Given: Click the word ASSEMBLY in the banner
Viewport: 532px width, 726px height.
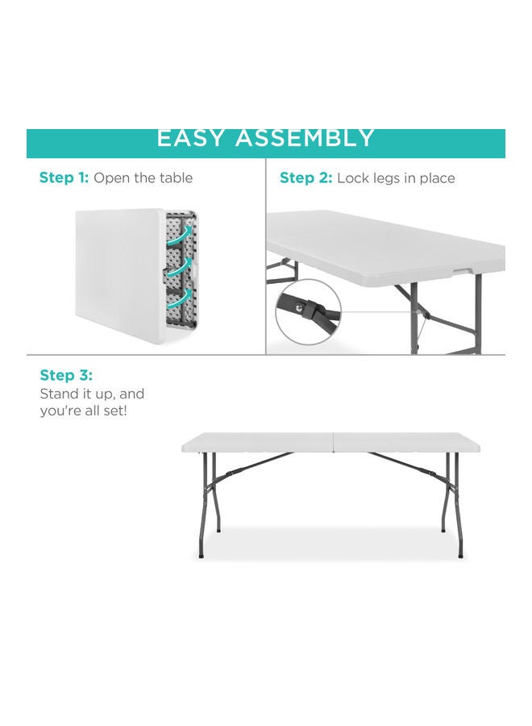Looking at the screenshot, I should (x=305, y=138).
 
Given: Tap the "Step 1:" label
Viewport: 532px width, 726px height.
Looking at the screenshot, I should (x=64, y=177).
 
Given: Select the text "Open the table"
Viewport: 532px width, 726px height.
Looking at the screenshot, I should (x=143, y=177).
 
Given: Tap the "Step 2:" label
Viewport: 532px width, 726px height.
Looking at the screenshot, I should (x=305, y=178).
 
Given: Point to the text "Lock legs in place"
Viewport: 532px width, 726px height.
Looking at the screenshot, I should (x=396, y=178).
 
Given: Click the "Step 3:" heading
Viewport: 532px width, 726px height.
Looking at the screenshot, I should (x=66, y=375).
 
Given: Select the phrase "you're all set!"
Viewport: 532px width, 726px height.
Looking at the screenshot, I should (x=84, y=411).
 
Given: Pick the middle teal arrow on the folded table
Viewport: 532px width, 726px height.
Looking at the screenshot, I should (x=185, y=264).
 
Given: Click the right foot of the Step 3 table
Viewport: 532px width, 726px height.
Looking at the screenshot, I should (x=460, y=555).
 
